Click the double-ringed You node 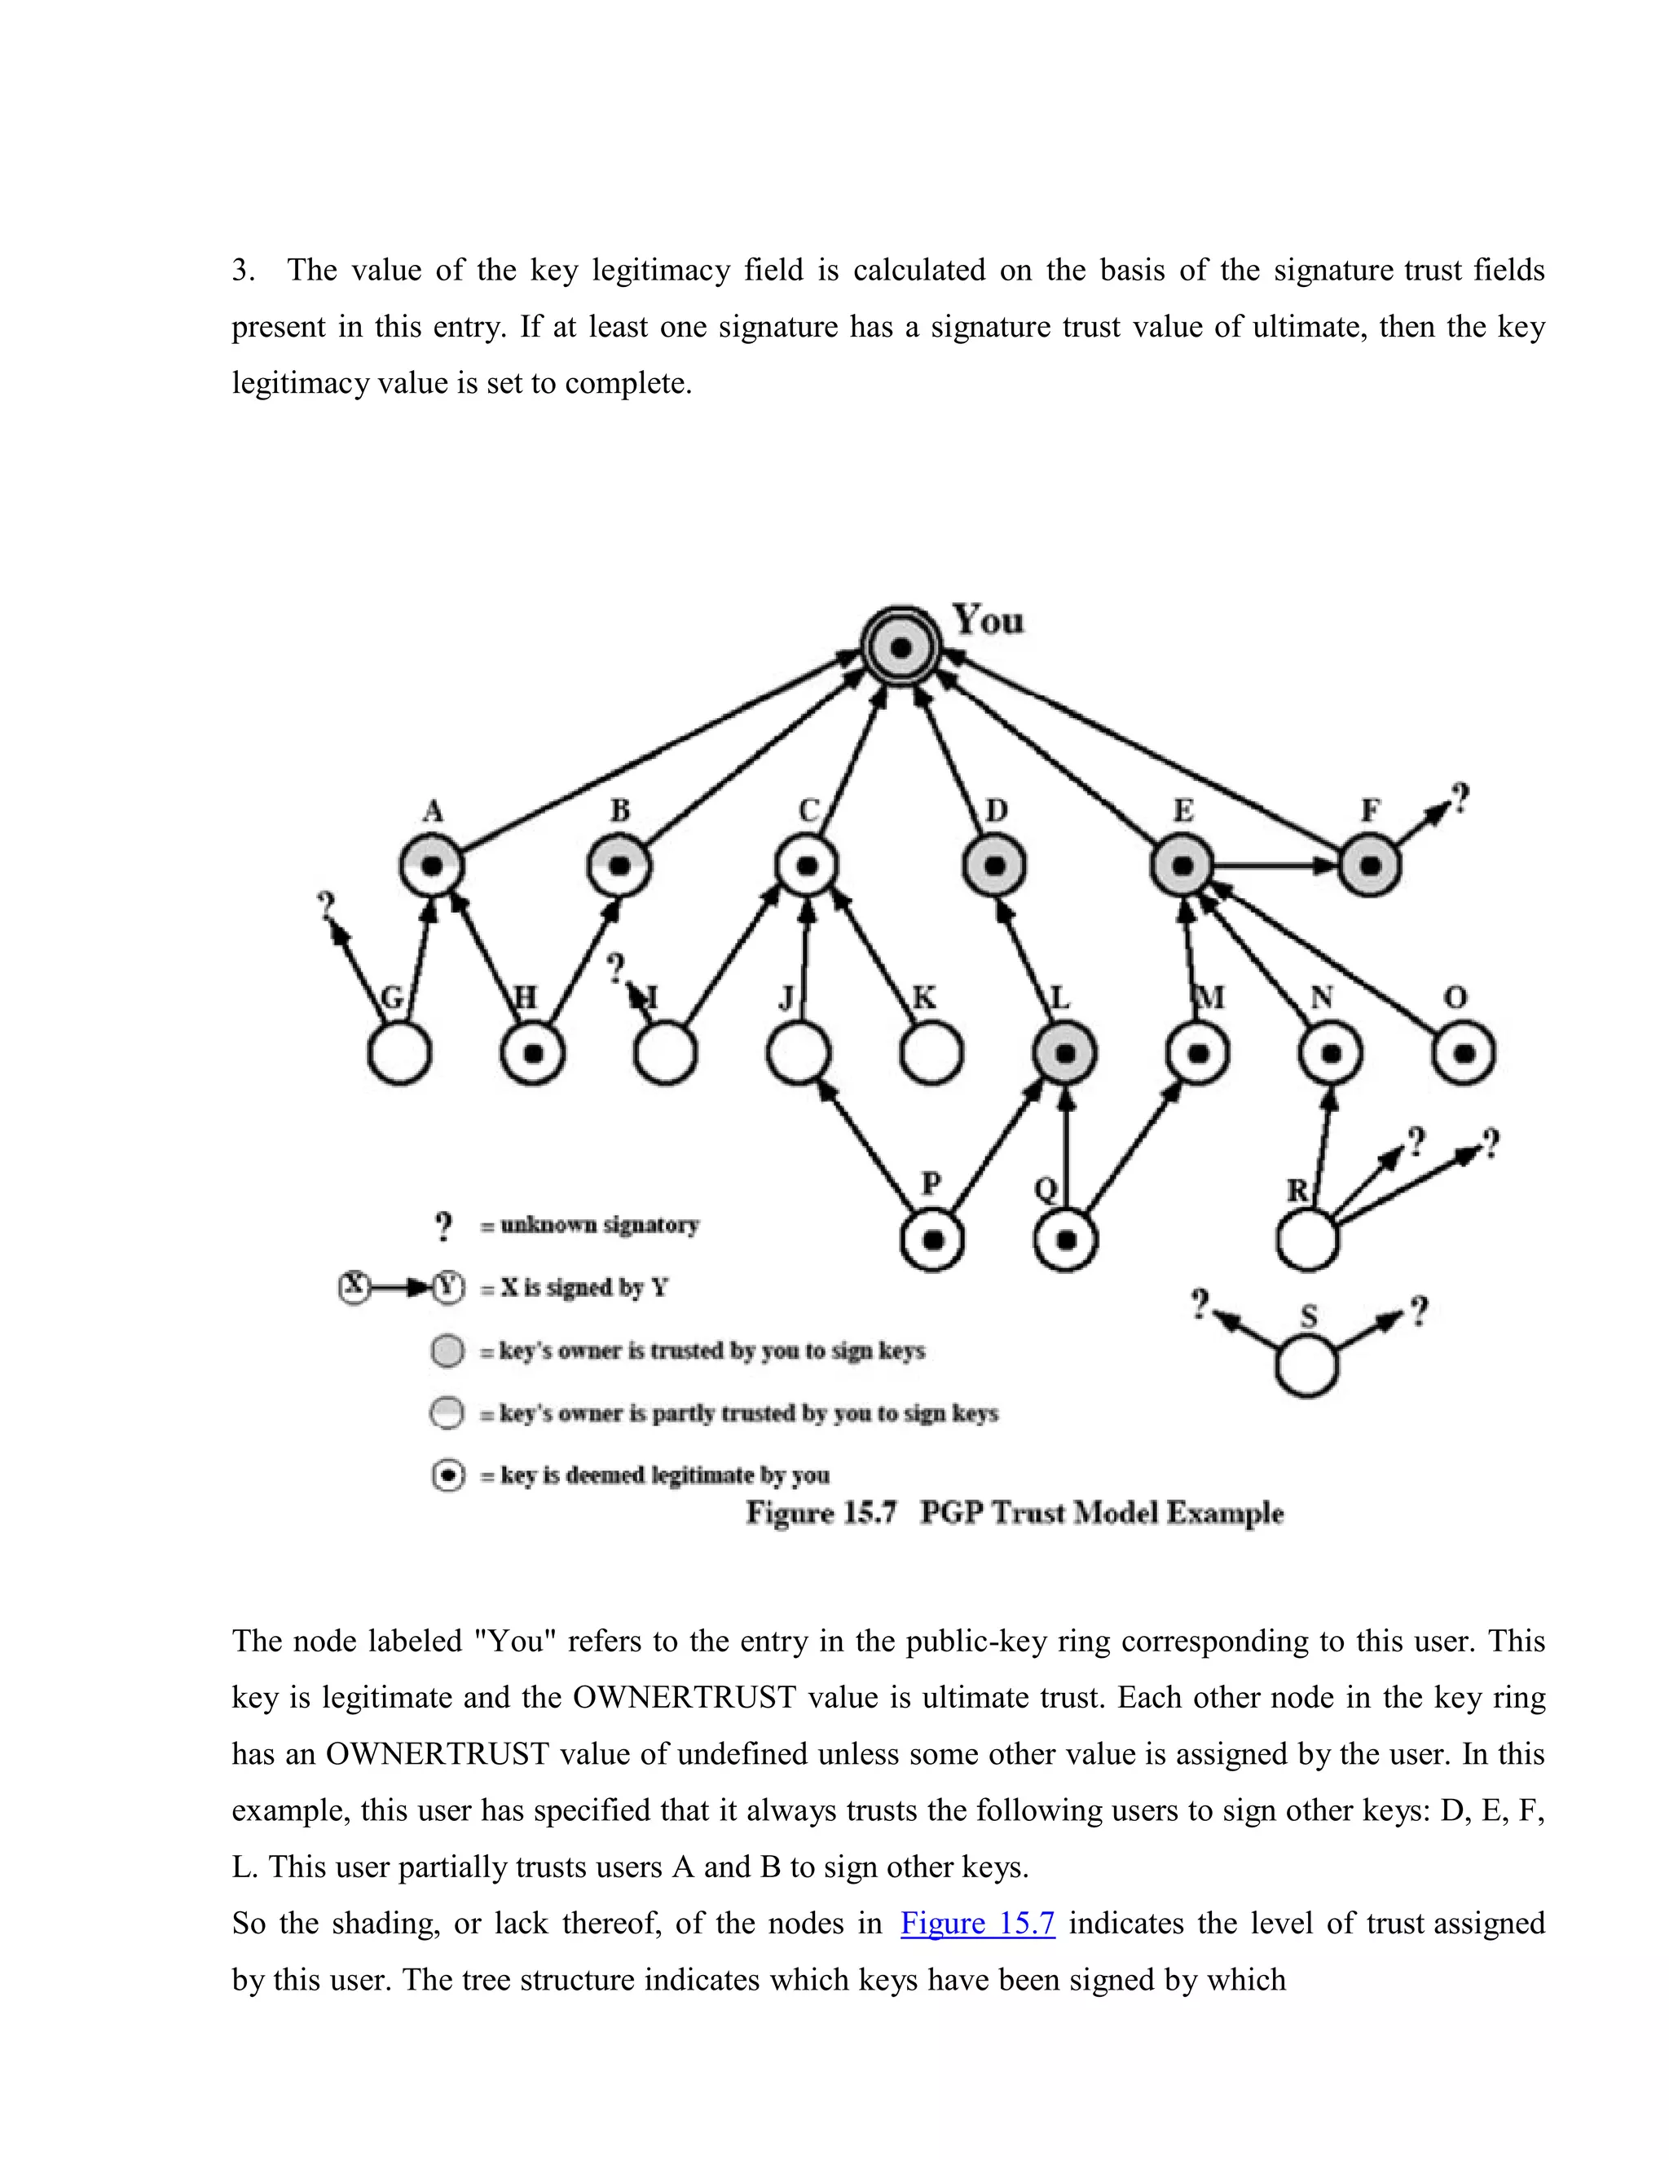pyautogui.click(x=901, y=648)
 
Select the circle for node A pyautogui.click(x=432, y=866)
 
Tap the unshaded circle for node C pyautogui.click(x=807, y=866)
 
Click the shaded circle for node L pyautogui.click(x=1065, y=1053)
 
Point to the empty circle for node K pyautogui.click(x=931, y=1053)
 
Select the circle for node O pyautogui.click(x=1464, y=1053)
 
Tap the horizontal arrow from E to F pyautogui.click(x=1275, y=866)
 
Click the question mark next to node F pyautogui.click(x=1460, y=797)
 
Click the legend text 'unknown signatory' pyautogui.click(x=599, y=1225)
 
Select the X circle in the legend pyautogui.click(x=354, y=1287)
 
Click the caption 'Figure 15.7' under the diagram pyautogui.click(x=821, y=1512)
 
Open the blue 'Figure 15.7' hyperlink pyautogui.click(x=977, y=1923)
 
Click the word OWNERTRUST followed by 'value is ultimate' pyautogui.click(x=685, y=1697)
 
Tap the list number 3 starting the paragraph pyautogui.click(x=242, y=270)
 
